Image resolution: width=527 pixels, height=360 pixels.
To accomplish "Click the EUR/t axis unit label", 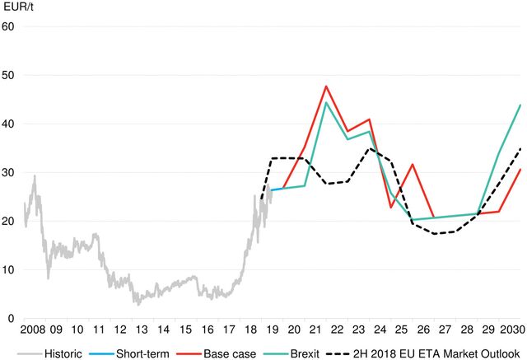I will coord(17,7).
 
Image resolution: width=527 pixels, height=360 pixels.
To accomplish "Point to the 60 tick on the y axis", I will coord(9,26).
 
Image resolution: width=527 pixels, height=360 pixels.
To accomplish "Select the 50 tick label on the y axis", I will coord(9,75).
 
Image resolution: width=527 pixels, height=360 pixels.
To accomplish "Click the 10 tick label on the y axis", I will coord(9,269).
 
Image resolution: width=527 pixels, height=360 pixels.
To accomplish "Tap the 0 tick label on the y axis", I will coord(12,318).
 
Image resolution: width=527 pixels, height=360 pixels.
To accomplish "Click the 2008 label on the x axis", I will coord(34,330).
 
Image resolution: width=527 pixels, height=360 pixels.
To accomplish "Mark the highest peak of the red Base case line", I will coord(327,86).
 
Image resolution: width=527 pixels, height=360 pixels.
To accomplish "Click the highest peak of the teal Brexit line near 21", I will coord(327,103).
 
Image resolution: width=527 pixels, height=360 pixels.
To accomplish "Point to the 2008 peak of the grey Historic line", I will coord(34,175).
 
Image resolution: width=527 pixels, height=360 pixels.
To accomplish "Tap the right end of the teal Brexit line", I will coord(521,105).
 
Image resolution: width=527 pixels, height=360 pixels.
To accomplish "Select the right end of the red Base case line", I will coord(521,169).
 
